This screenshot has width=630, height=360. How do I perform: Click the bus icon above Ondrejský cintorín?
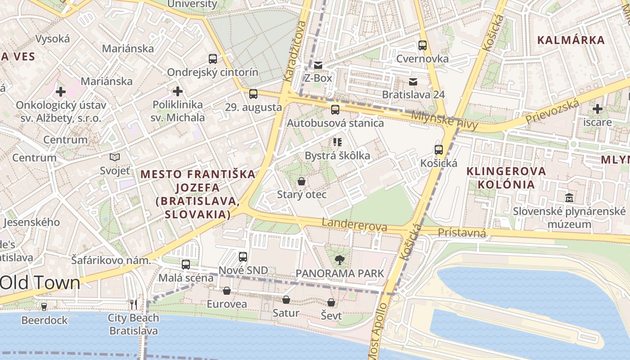[x=213, y=59]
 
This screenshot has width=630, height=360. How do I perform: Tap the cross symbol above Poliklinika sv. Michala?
[x=178, y=92]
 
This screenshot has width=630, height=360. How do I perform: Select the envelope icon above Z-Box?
[x=318, y=65]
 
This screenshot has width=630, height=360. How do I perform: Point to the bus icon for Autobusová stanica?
[x=335, y=110]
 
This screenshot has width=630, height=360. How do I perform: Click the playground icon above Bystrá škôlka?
[x=337, y=143]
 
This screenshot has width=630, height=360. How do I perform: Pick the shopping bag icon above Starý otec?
[x=301, y=182]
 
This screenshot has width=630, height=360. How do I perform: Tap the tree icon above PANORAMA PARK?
[x=340, y=260]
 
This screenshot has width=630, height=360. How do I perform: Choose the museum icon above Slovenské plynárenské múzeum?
[x=569, y=198]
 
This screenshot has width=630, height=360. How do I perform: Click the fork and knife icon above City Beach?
[x=134, y=305]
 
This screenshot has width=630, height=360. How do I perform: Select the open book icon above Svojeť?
[x=115, y=157]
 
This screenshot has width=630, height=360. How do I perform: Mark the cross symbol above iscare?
[x=598, y=109]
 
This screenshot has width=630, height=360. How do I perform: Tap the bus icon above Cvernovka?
[x=422, y=45]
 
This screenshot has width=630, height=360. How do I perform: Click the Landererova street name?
[x=354, y=225]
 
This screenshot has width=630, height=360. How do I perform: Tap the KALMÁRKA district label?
[x=571, y=40]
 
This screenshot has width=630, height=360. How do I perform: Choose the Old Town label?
[x=40, y=283]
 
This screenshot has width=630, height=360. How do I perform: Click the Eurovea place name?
[x=227, y=304]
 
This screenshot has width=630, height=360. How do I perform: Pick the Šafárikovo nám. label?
[x=111, y=260]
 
